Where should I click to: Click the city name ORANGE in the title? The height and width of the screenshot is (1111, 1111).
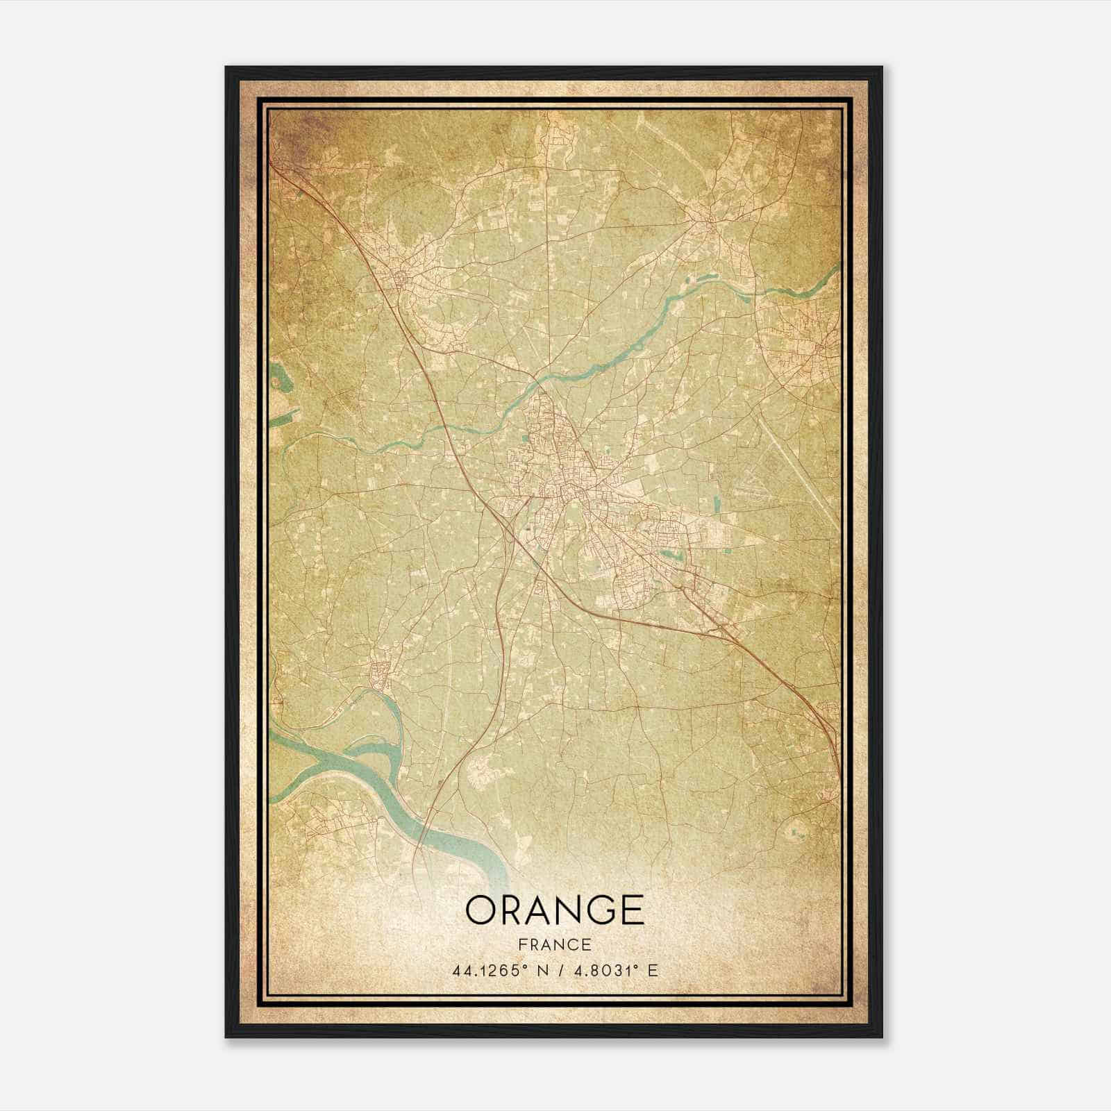[x=555, y=910]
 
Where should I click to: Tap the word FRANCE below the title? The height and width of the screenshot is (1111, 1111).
[x=555, y=945]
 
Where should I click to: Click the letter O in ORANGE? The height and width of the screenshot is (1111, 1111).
[x=480, y=910]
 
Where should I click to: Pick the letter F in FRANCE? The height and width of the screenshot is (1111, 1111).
[x=522, y=945]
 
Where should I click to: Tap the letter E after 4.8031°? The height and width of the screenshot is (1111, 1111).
[x=653, y=971]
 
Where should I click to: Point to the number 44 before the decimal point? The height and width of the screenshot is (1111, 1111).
[x=460, y=971]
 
